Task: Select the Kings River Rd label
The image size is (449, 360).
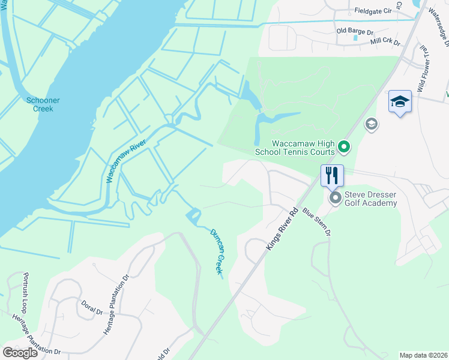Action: (x=282, y=229)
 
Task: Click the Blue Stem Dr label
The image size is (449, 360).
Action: (x=317, y=222)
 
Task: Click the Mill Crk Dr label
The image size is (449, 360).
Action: (x=385, y=42)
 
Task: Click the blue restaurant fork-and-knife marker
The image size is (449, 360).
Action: (x=332, y=175)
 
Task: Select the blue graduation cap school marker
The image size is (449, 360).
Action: (x=400, y=102)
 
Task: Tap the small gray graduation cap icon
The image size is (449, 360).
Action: (x=372, y=124)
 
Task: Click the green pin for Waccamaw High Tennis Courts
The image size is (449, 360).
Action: (x=343, y=145)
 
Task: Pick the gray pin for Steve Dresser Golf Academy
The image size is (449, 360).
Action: (x=334, y=197)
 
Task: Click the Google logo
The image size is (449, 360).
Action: (x=19, y=353)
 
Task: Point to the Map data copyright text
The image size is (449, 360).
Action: (x=423, y=355)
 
